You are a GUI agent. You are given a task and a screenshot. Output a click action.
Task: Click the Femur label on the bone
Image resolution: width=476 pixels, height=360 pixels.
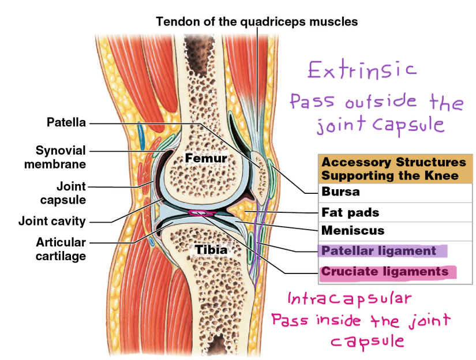205,158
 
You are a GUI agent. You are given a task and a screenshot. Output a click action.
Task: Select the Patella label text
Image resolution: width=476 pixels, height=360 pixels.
66,122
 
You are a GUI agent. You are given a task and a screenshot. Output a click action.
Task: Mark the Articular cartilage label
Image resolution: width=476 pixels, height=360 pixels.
61,249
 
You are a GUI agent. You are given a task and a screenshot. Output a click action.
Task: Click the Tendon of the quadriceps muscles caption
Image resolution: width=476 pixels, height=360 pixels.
257,22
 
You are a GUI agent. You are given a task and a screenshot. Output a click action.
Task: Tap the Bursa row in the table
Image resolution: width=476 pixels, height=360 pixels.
340,192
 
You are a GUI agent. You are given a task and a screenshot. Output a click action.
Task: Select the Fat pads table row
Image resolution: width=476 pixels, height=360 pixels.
350,212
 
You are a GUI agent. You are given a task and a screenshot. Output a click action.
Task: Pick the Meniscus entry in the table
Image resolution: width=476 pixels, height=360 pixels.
353,231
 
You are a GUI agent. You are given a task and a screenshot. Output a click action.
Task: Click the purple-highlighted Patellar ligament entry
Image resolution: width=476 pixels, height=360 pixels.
378,251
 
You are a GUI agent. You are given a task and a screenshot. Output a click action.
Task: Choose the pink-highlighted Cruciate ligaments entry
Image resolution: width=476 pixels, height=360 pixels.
384,272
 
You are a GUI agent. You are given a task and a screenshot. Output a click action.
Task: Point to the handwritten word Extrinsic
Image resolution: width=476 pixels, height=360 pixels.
361,70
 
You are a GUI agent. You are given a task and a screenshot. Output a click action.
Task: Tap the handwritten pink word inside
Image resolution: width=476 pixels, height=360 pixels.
339,320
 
